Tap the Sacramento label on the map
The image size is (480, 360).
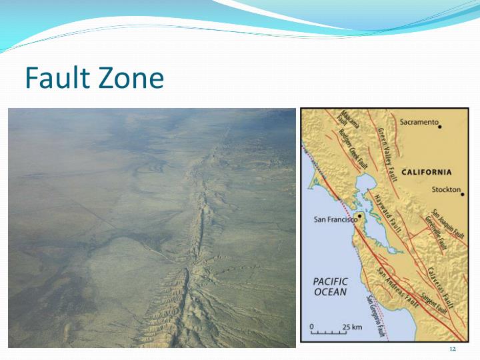click(x=419, y=122)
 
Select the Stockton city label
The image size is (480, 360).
click(x=445, y=189)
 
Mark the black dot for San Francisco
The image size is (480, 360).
click(x=360, y=217)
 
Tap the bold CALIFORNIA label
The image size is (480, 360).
click(x=426, y=172)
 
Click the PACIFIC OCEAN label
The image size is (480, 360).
click(x=330, y=287)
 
